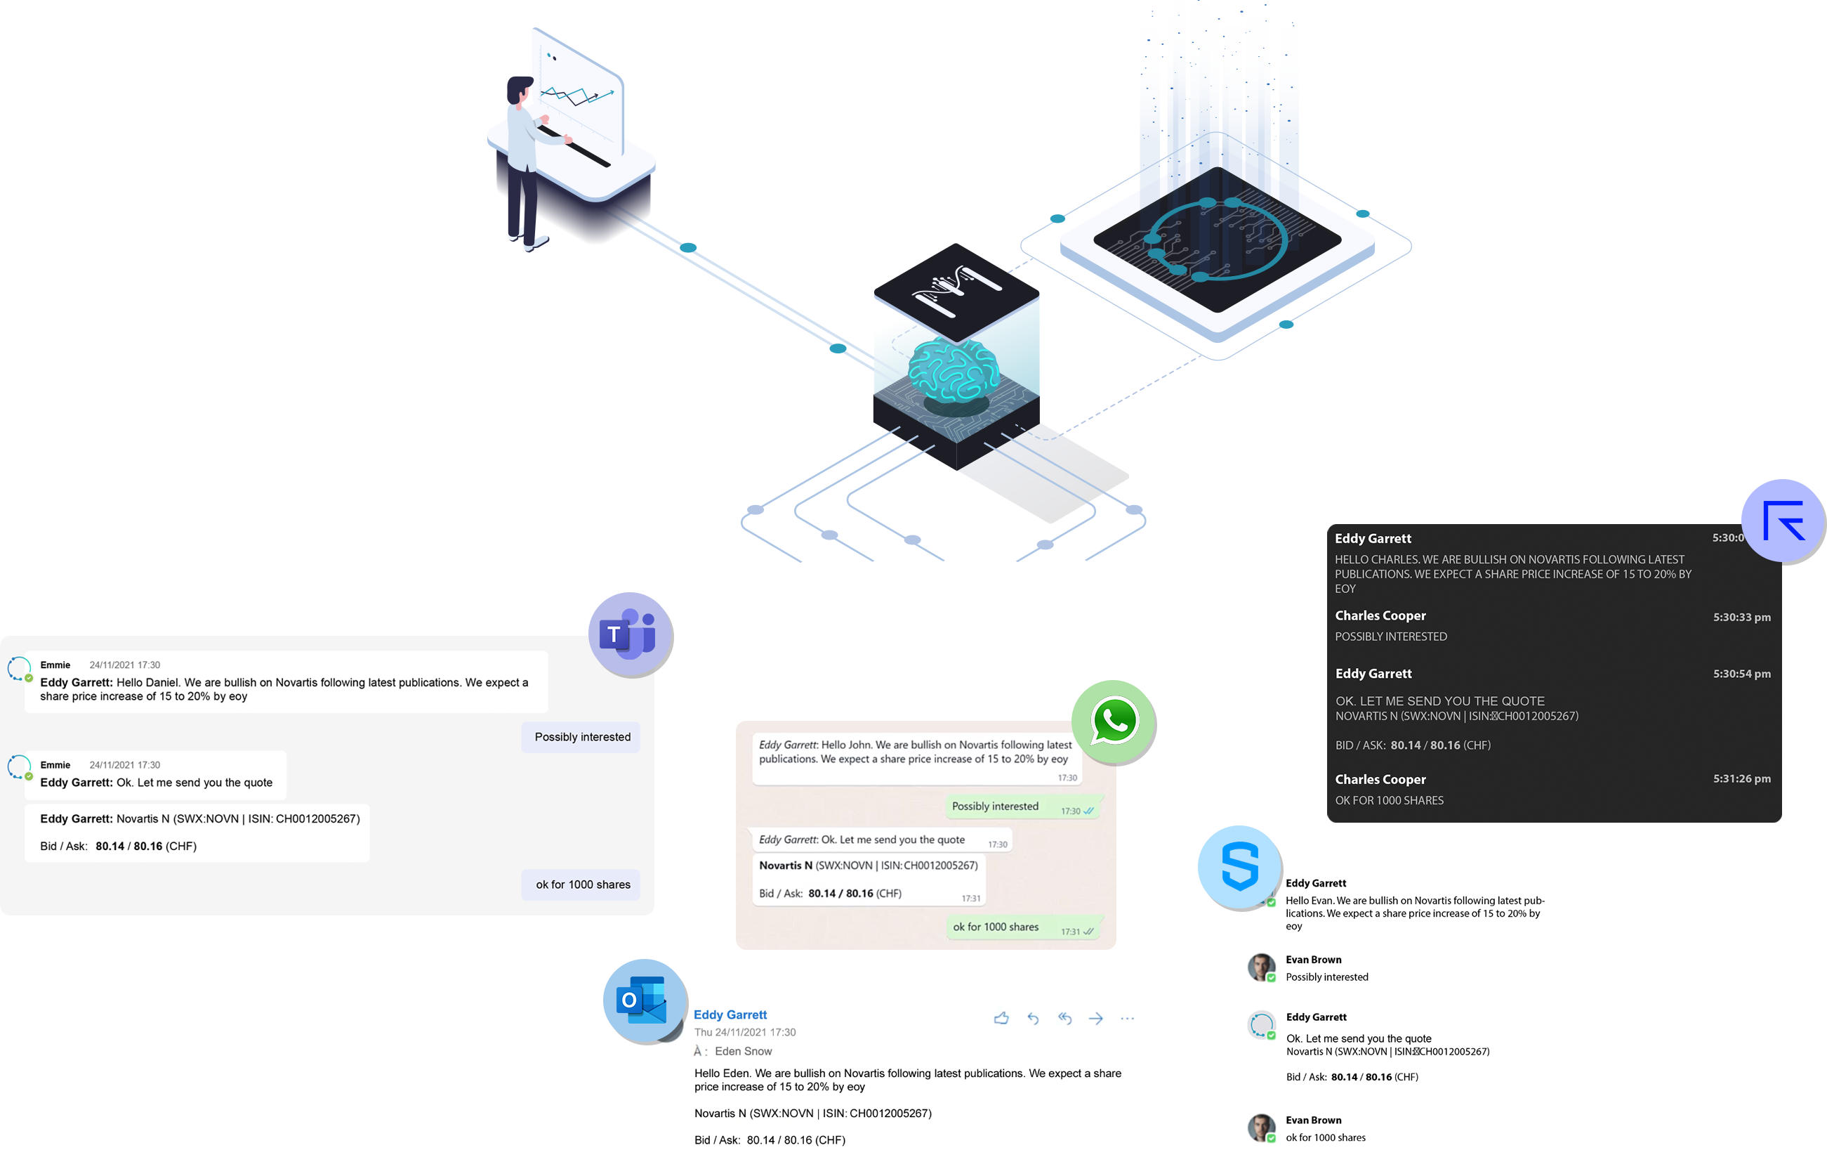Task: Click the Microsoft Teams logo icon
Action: pos(629,634)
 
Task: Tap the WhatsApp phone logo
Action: pos(1114,720)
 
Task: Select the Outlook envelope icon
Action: pos(642,1000)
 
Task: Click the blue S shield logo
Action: pos(1240,866)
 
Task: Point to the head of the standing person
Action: pos(520,89)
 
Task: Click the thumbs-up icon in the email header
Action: pos(1001,1019)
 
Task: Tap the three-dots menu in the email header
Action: pos(1127,1019)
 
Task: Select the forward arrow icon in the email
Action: pos(1095,1019)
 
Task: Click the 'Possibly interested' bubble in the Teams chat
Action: pos(581,737)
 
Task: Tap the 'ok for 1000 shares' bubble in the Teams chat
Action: pos(582,884)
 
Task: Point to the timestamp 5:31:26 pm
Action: pos(1741,778)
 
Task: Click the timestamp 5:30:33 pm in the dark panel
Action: pos(1741,617)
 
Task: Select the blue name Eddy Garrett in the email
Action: pos(730,1014)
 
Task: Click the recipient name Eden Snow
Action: pos(743,1051)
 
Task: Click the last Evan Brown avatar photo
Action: pos(1261,1127)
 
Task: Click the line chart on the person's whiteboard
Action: pos(576,96)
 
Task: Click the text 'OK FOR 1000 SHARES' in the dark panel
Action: pos(1388,800)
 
